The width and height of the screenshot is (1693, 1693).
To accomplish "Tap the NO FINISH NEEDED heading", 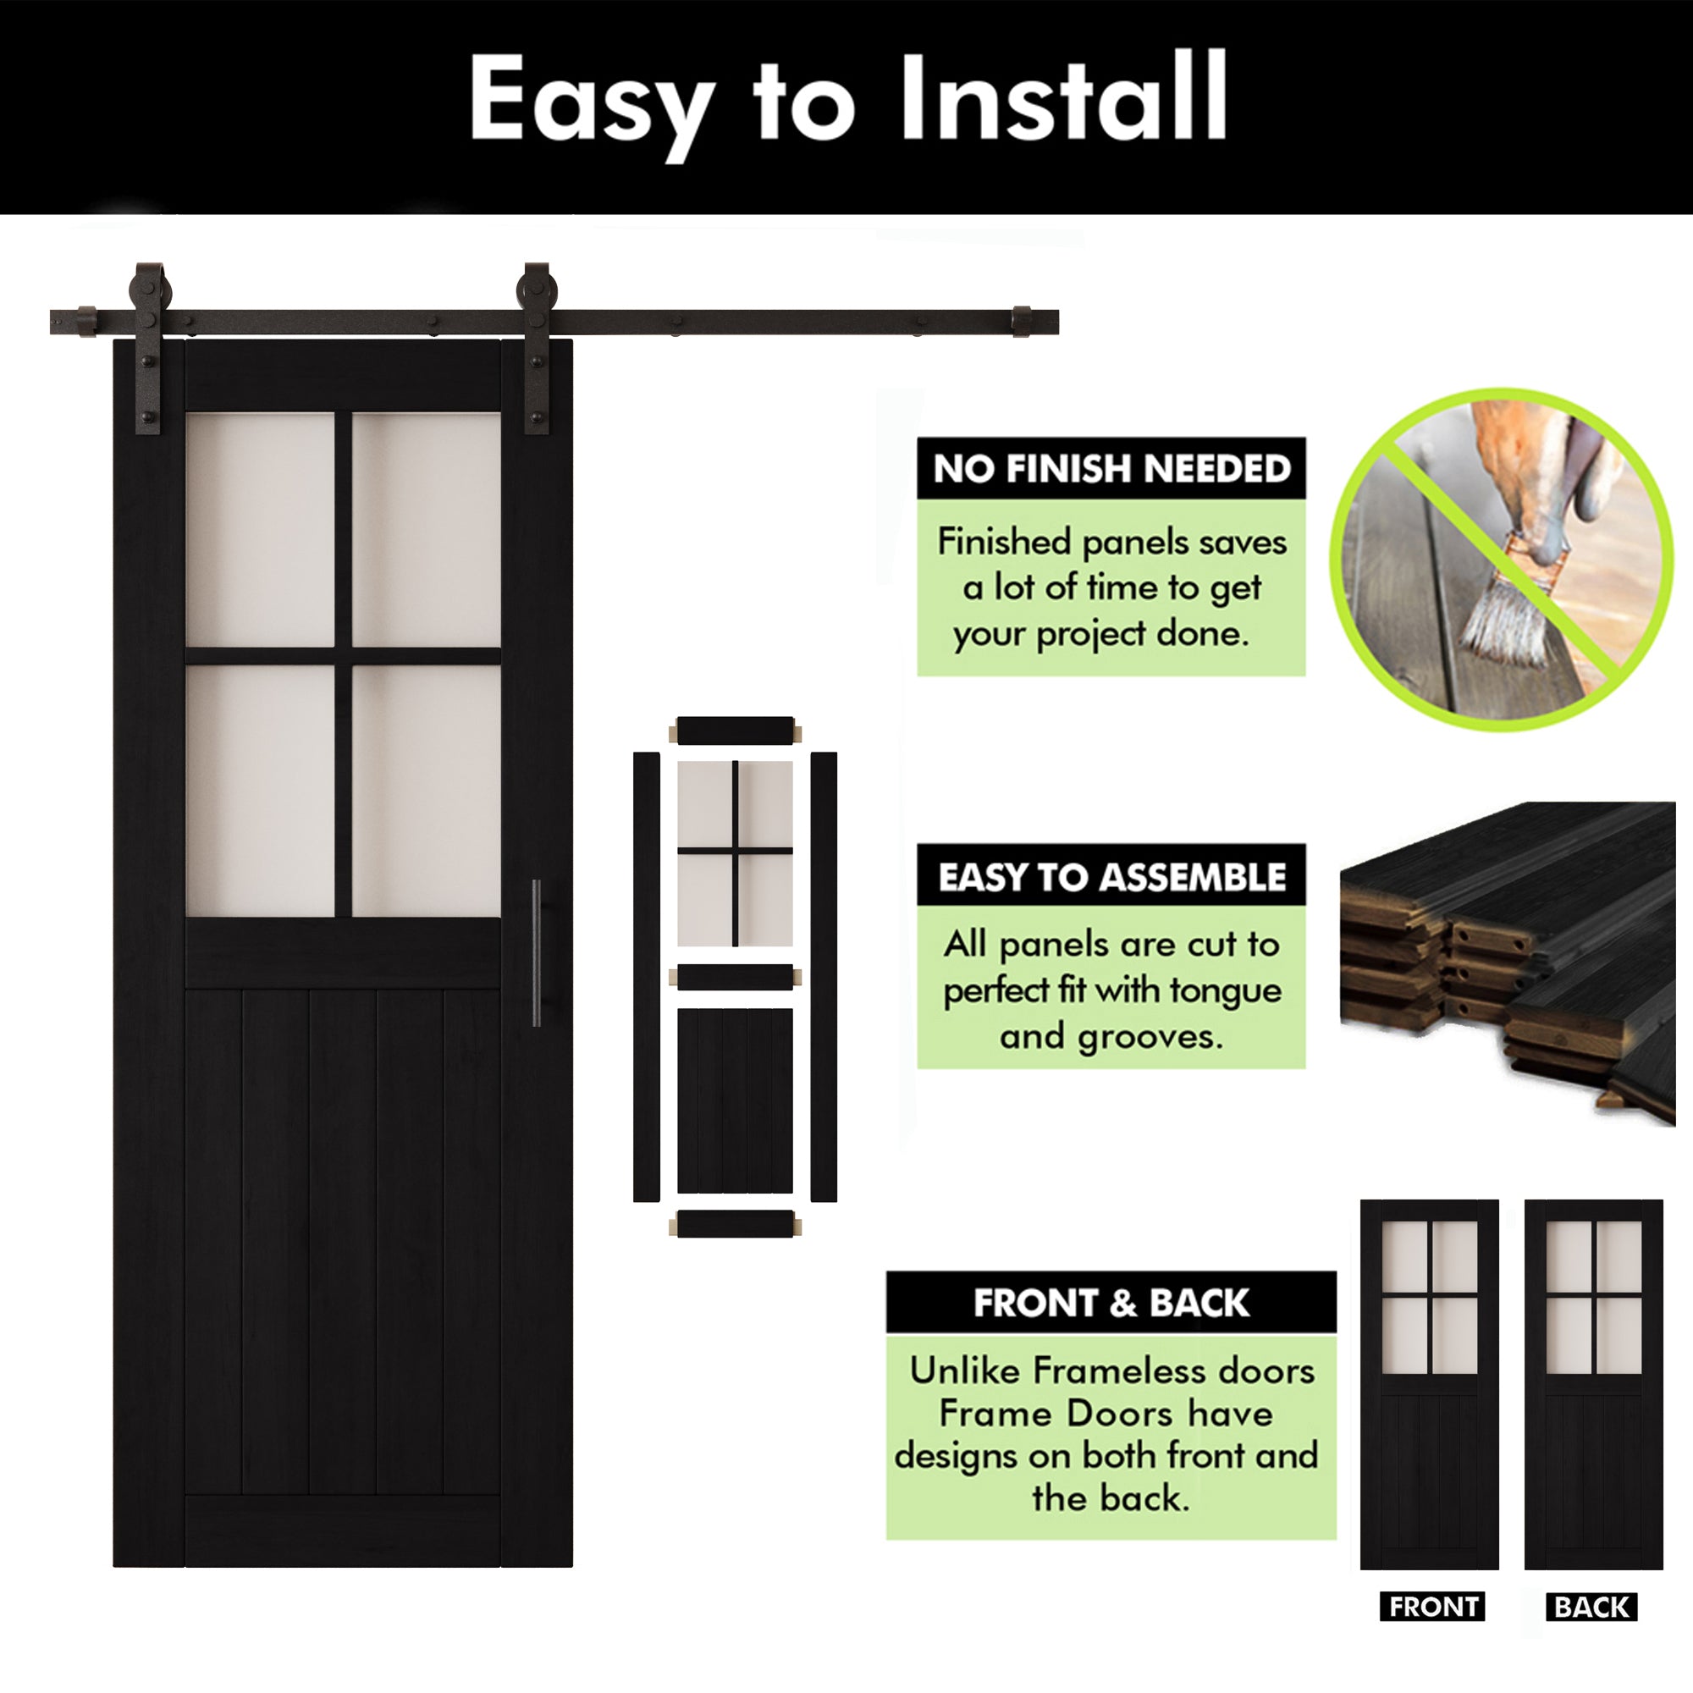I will [x=1111, y=469].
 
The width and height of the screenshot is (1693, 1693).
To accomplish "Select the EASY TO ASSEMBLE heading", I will [x=1111, y=876].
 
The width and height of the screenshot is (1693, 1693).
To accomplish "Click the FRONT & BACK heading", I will [x=1111, y=1303].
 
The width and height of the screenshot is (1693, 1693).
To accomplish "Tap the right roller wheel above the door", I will [x=536, y=289].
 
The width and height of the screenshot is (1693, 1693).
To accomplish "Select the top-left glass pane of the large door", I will [x=260, y=529].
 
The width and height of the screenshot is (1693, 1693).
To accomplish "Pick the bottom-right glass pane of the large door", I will [x=427, y=791].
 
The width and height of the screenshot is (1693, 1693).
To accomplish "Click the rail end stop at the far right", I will [x=1023, y=322].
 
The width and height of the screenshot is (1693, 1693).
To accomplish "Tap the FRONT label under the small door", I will [x=1432, y=1607].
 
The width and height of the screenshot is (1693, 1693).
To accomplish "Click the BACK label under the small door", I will [x=1591, y=1607].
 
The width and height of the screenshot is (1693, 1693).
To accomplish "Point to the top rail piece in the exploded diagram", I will [x=736, y=730].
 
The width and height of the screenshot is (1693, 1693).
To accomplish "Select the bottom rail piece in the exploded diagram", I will [x=736, y=1224].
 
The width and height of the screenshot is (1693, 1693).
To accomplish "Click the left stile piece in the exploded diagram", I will [x=646, y=976].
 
